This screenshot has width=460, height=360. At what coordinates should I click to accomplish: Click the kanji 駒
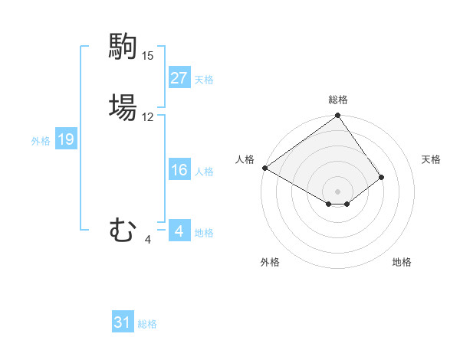[x=123, y=46]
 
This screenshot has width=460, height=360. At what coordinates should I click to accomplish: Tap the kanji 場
[x=123, y=106]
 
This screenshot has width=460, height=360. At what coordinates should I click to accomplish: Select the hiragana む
[x=123, y=230]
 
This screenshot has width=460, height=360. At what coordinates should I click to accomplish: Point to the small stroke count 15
[x=148, y=56]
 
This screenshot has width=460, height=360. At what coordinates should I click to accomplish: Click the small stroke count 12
[x=148, y=117]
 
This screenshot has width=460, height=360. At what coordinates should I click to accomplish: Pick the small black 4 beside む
[x=147, y=240]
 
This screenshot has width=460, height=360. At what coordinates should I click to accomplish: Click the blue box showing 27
[x=179, y=78]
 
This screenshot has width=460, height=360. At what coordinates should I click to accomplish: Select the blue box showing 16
[x=179, y=170]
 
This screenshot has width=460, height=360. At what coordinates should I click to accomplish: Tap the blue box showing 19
[x=66, y=139]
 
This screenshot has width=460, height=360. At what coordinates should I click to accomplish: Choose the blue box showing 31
[x=123, y=323]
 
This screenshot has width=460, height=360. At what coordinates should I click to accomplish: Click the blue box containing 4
[x=179, y=231]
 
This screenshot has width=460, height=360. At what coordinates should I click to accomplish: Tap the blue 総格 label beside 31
[x=147, y=324]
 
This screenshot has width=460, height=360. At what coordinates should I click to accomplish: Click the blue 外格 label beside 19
[x=41, y=140]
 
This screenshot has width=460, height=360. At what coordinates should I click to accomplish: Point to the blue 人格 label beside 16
[x=204, y=171]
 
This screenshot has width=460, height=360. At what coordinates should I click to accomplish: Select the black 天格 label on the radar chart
[x=431, y=159]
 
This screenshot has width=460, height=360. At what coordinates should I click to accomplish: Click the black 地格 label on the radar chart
[x=402, y=262]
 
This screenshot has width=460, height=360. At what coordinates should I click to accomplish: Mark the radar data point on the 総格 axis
[x=337, y=116]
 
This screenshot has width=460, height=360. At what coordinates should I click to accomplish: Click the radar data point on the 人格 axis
[x=264, y=168]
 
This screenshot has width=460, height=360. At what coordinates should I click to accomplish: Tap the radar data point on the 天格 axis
[x=381, y=177]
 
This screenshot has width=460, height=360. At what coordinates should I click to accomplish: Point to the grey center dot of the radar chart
[x=337, y=191]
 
